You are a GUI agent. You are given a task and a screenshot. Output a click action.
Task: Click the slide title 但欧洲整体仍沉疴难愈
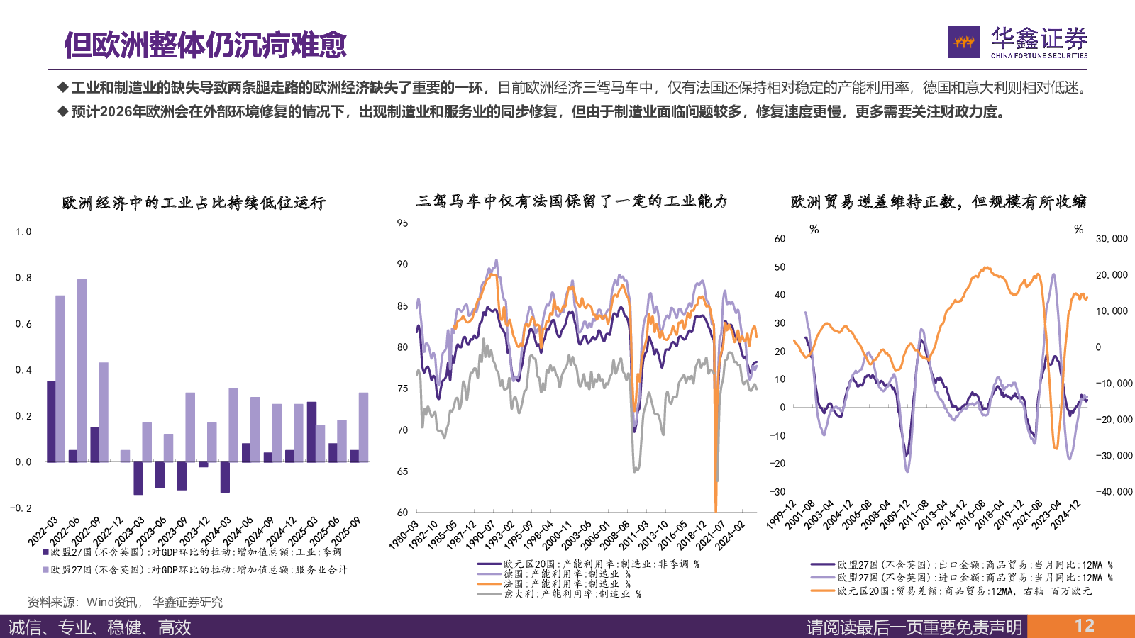click(205, 45)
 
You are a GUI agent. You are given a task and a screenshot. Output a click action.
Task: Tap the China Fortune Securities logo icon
click(964, 43)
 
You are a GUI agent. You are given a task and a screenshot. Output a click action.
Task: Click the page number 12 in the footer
click(1084, 626)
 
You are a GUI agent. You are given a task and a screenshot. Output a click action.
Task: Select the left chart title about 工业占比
click(194, 203)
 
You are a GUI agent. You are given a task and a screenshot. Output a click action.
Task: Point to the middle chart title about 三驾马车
click(572, 201)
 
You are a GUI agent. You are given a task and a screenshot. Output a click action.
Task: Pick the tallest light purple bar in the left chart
click(82, 369)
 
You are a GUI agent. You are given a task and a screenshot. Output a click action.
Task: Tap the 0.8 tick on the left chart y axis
click(23, 278)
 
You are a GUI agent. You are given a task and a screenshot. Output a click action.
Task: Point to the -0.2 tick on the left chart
click(21, 508)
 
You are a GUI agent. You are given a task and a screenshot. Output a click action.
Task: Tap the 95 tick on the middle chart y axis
click(402, 223)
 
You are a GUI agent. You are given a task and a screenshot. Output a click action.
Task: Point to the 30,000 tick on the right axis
click(1111, 239)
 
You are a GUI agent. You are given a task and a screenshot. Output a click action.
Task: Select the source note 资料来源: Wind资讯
click(125, 602)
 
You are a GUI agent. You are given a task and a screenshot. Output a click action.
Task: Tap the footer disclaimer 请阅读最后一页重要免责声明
click(914, 627)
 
